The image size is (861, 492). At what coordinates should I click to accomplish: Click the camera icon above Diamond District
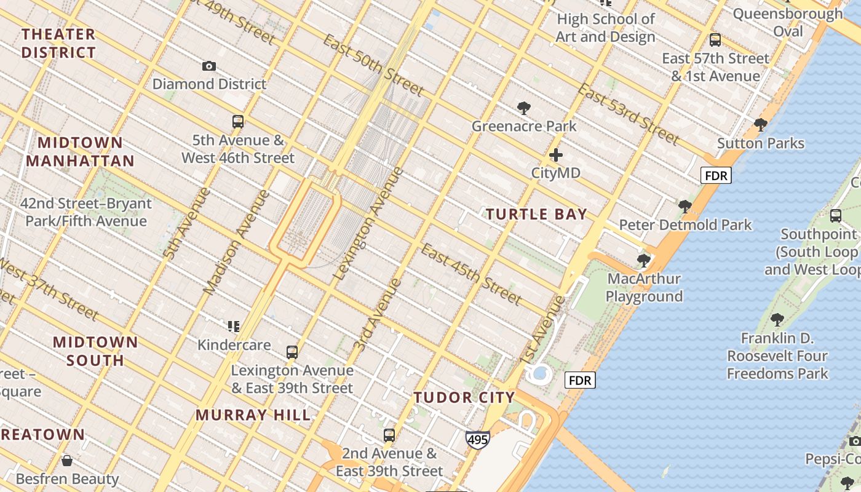209,66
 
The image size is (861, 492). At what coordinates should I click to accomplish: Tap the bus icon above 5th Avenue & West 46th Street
238,122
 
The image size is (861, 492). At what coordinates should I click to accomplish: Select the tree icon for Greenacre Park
524,109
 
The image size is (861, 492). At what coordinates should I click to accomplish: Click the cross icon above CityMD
556,155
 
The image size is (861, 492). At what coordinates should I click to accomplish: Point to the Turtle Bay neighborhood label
536,215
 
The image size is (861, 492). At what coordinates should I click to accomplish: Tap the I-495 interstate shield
477,440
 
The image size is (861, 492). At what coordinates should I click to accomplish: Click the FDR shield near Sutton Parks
716,176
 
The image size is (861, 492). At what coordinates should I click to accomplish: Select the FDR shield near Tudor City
580,381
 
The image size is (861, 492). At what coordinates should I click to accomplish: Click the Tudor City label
464,397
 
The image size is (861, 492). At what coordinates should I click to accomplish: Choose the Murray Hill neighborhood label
253,415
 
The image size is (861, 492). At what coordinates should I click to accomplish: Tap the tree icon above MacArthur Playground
644,261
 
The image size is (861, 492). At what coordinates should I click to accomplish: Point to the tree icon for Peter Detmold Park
684,207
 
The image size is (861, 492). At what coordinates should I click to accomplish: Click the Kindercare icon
234,327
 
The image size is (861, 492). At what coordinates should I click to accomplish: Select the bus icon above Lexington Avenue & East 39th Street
292,352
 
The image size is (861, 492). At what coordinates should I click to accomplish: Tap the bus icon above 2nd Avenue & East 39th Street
389,435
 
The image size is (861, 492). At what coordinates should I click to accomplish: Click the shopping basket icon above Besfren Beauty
67,461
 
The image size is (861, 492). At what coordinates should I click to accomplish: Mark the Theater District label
59,43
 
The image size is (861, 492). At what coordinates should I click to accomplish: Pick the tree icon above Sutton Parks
761,125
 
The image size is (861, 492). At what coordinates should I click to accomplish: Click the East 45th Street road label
471,274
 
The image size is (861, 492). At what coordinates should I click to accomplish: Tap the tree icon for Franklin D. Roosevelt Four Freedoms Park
777,320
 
